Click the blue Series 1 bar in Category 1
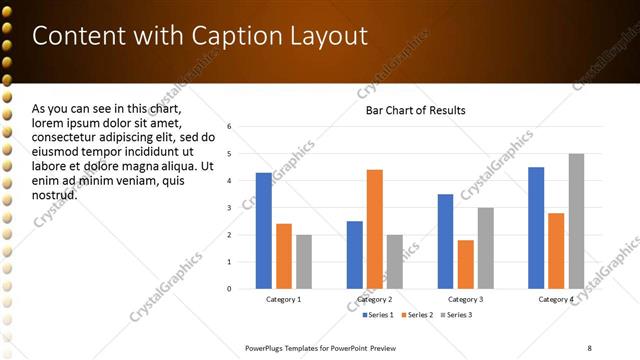point(263,231)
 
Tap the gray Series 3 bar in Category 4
point(576,221)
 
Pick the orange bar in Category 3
point(465,264)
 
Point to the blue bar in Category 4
point(536,228)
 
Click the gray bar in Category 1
point(303,262)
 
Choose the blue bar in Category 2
point(355,255)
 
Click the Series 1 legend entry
point(375,316)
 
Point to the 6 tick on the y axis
point(229,127)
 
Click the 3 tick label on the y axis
point(229,208)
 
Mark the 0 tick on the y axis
point(229,289)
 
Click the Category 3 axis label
point(465,300)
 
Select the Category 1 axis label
point(283,300)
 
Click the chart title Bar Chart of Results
point(415,110)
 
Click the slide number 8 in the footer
point(589,347)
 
